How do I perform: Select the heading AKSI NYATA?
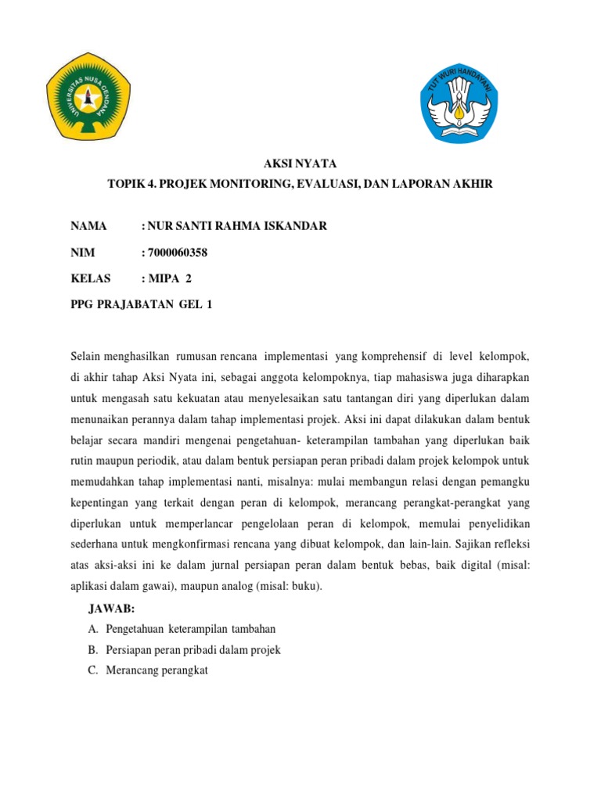tap(300, 164)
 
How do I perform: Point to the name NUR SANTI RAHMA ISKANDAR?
tap(235, 227)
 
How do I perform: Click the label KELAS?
tap(91, 278)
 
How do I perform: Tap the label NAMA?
tap(88, 227)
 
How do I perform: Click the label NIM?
tap(82, 252)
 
